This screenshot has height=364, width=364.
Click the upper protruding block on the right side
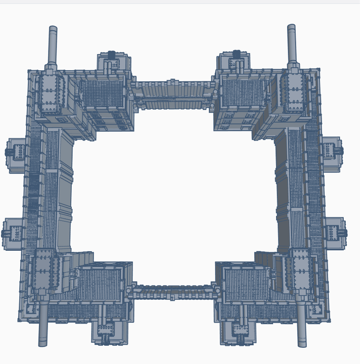tap(332, 150)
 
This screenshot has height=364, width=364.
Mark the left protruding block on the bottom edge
tap(107, 331)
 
